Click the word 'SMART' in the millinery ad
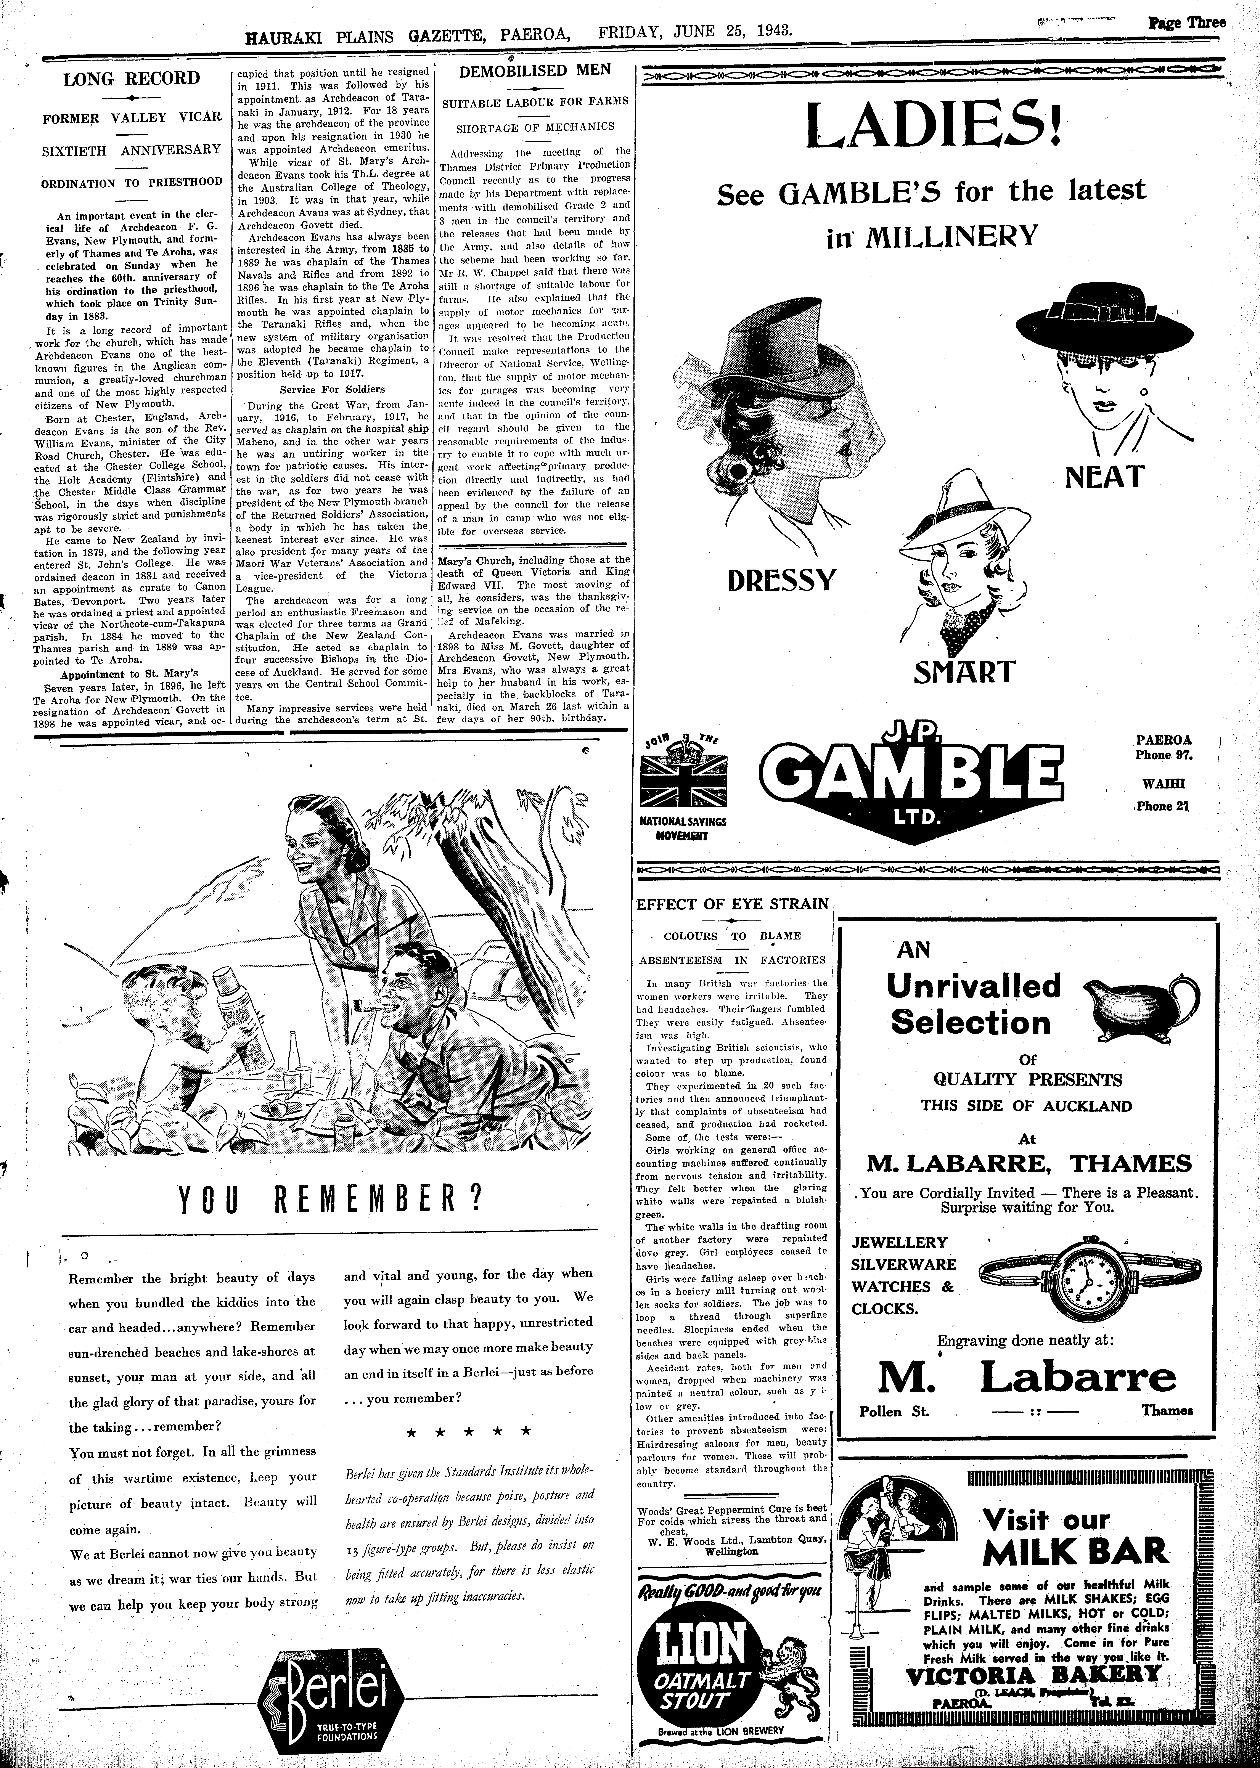(x=964, y=671)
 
